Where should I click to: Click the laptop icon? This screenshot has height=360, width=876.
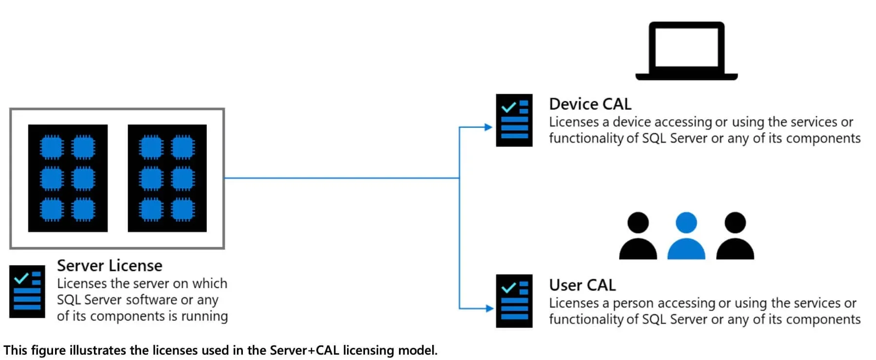coord(686,51)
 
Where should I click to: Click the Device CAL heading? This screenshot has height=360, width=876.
coord(590,104)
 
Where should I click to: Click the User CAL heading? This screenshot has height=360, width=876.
coord(582,285)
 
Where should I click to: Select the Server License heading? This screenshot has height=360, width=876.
coord(109,266)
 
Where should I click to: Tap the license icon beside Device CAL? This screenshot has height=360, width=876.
coord(514,120)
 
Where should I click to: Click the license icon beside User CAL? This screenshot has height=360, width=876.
coord(514,301)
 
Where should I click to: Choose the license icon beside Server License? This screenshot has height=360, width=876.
coord(27,291)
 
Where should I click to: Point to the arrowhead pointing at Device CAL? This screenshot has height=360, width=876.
coord(489,127)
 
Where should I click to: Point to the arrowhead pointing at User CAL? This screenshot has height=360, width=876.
coord(489,308)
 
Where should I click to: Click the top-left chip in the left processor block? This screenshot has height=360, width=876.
coord(52,147)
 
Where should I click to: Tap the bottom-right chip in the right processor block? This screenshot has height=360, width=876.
coord(183,210)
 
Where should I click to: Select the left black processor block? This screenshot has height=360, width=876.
coord(68,178)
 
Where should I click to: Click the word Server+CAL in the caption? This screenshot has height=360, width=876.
coord(304,350)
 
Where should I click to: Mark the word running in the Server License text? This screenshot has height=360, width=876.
coord(204,317)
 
